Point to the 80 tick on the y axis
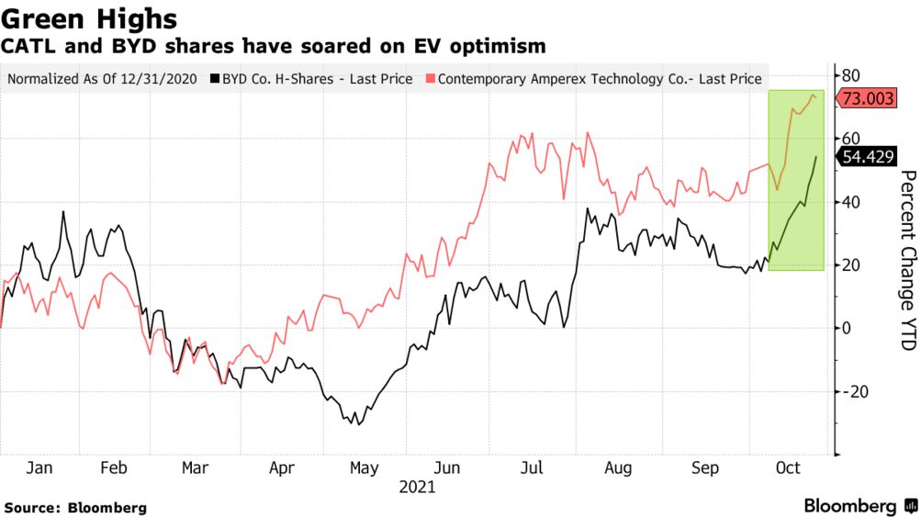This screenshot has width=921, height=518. (851, 75)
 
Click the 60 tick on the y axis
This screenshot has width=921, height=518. (851, 139)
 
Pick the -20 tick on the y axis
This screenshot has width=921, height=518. (855, 391)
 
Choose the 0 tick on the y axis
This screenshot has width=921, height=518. (846, 328)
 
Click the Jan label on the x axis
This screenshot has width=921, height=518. (39, 468)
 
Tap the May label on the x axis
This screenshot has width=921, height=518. (364, 468)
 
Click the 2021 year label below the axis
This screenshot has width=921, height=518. (417, 488)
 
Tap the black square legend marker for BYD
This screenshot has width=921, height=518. (214, 79)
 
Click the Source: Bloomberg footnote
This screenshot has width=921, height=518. (75, 507)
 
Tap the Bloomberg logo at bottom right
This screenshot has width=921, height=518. (859, 506)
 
